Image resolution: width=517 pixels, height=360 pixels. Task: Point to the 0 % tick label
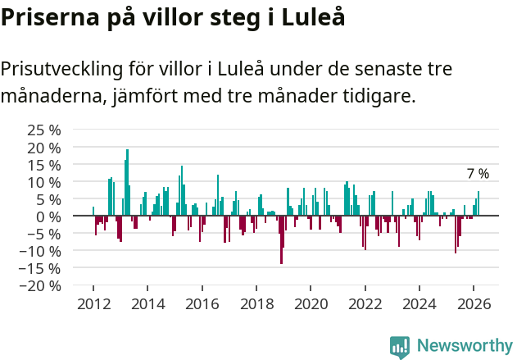coord(48,216)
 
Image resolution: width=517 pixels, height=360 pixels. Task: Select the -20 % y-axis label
coord(41,285)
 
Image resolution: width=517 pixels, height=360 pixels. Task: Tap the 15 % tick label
coord(44,164)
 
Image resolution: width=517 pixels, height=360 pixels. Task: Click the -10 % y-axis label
coord(41,251)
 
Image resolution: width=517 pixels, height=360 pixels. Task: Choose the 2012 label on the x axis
coord(93,304)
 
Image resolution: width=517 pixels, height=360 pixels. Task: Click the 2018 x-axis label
coord(256,304)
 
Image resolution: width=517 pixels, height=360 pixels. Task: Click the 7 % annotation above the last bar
coord(478,174)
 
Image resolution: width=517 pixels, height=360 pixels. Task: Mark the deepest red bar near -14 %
coord(281,239)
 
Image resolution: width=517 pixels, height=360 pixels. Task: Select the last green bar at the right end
coord(478,203)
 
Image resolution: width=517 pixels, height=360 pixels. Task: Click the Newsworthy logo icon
coord(400,346)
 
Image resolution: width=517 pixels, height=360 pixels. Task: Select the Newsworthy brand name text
coord(464,346)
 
